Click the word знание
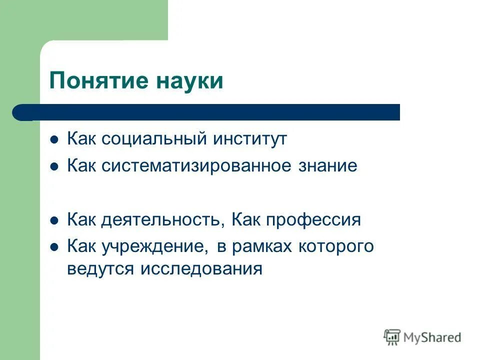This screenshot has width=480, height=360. tap(331, 165)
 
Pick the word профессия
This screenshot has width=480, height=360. tap(313, 220)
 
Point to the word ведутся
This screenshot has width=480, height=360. tap(101, 269)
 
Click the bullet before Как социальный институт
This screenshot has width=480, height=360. tap(55, 139)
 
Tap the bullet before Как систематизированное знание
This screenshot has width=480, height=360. tap(55, 166)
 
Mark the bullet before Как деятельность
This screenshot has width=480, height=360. tap(55, 220)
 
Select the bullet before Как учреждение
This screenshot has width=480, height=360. tap(55, 247)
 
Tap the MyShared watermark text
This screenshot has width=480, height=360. tap(432, 338)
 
